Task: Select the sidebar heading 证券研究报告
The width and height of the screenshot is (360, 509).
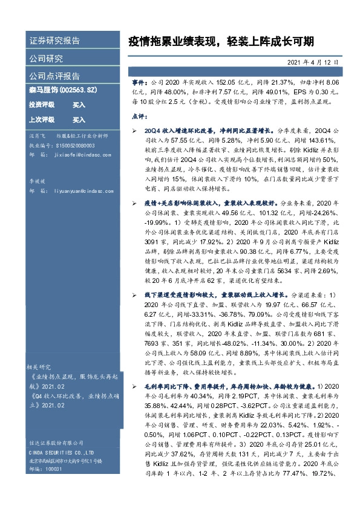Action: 54,41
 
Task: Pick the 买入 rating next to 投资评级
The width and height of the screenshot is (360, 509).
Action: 79,105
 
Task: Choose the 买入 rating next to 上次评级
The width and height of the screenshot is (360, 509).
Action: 79,120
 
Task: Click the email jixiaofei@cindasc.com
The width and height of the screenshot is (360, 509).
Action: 84,155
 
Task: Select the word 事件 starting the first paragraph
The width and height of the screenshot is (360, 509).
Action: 139,80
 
